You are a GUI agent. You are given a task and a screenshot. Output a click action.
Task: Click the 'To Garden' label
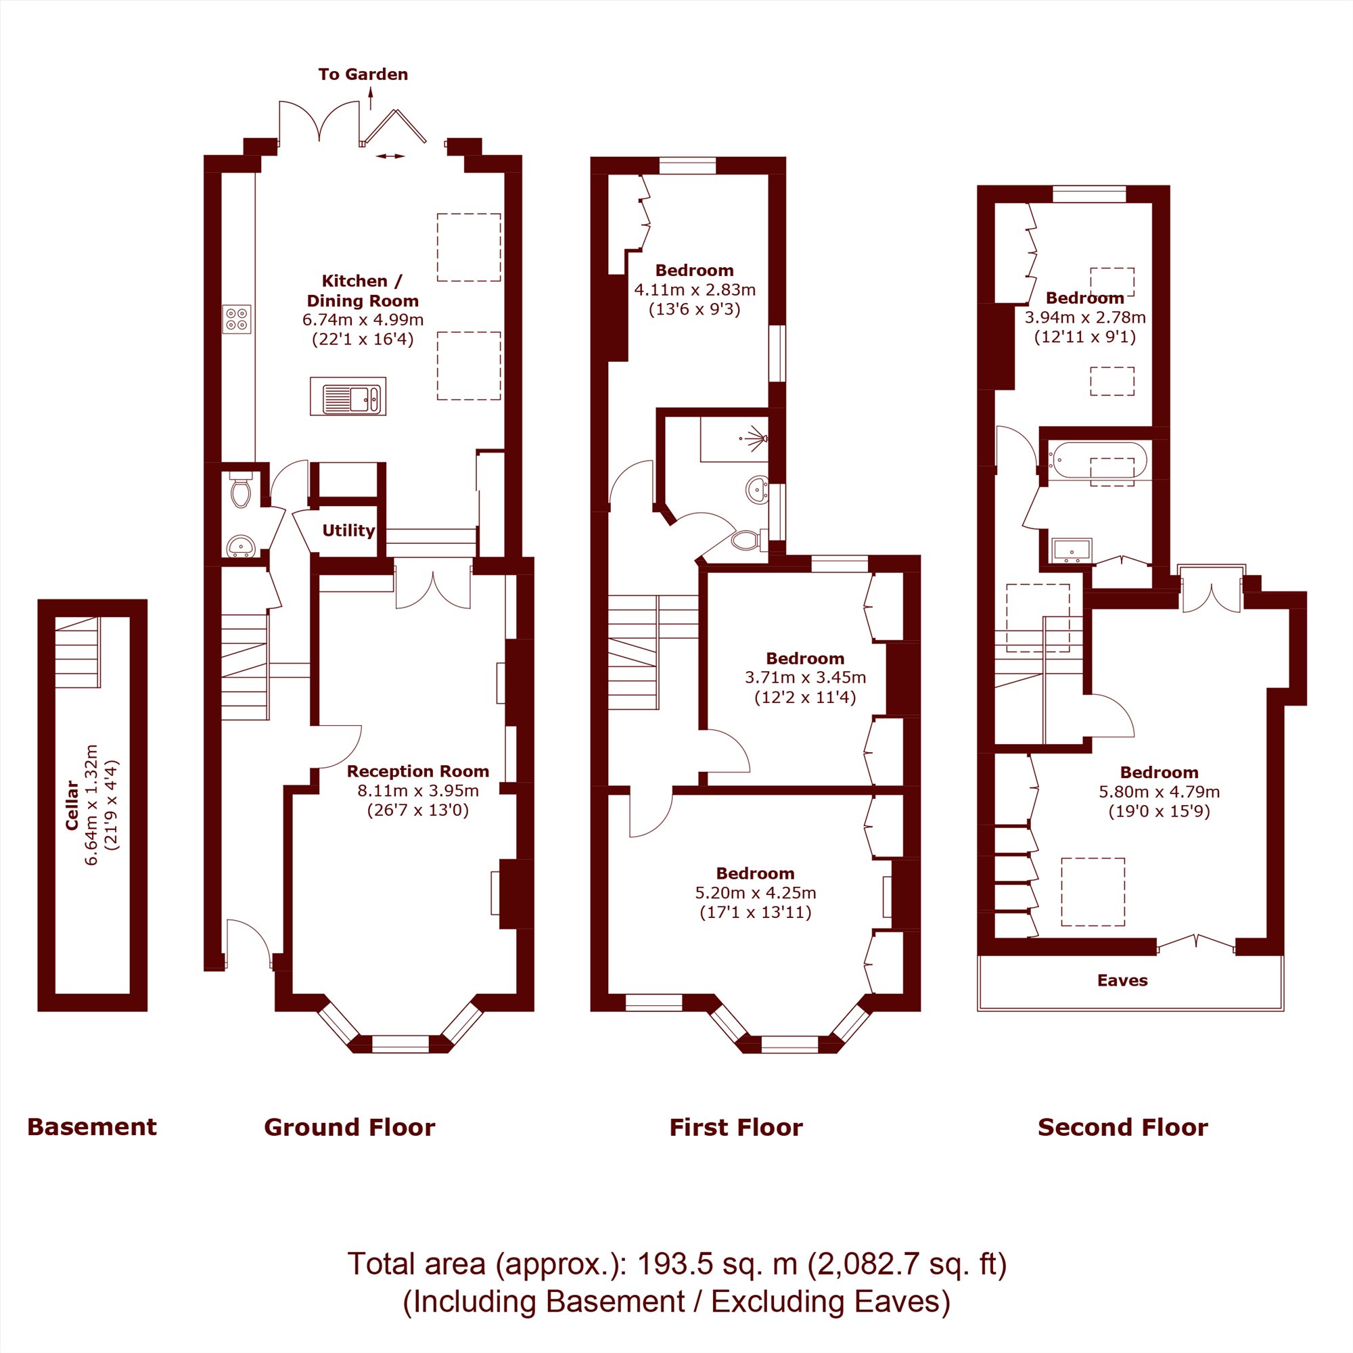tap(363, 74)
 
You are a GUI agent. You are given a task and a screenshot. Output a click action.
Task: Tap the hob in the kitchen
tap(237, 319)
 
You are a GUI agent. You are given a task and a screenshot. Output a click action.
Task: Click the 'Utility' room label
tap(348, 530)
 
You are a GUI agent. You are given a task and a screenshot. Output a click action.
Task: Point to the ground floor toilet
tap(240, 490)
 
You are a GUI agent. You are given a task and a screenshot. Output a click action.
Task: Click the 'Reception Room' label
tap(418, 771)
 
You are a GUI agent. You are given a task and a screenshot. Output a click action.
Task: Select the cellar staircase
tap(77, 652)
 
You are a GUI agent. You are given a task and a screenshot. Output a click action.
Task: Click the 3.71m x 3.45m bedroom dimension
tap(805, 677)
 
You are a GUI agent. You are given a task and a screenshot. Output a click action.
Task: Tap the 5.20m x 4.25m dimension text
tap(756, 893)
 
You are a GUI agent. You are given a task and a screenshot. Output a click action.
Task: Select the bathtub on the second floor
tap(1097, 461)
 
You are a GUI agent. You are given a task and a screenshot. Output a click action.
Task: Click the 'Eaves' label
tap(1122, 980)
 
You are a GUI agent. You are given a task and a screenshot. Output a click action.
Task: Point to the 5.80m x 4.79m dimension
tap(1160, 792)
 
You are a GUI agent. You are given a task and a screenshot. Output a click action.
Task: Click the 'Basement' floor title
tap(93, 1127)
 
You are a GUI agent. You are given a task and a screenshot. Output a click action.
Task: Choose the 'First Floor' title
tap(736, 1127)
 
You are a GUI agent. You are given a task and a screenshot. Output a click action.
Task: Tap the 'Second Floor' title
tap(1122, 1127)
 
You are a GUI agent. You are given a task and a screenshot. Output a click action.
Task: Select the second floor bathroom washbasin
tap(1072, 551)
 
